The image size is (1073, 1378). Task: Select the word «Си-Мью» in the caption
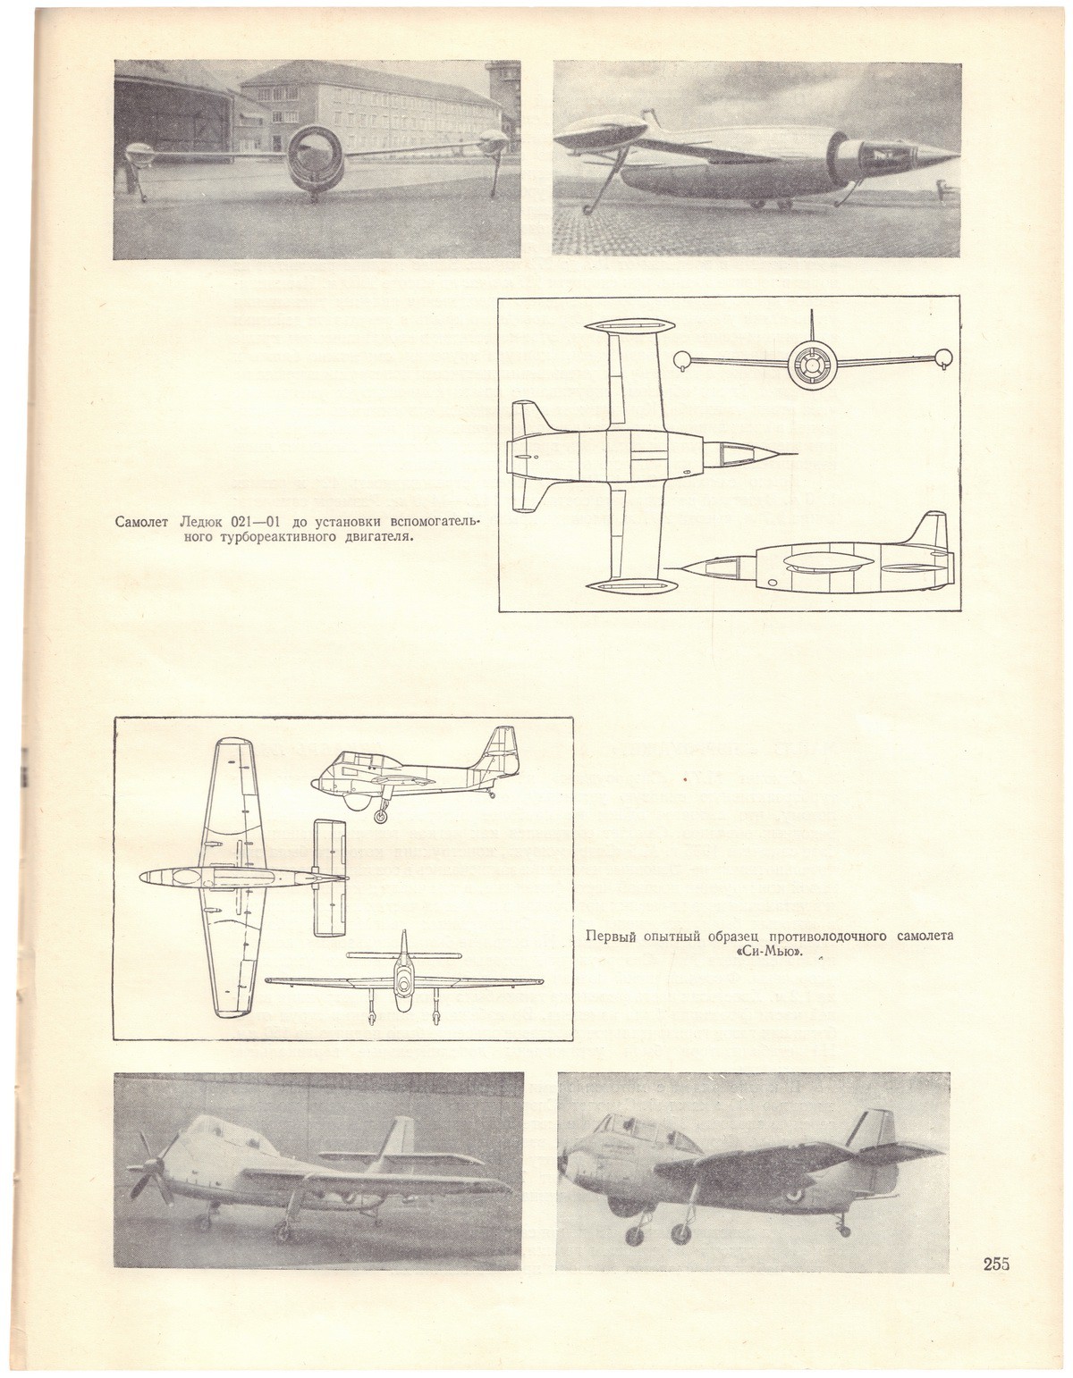tap(769, 952)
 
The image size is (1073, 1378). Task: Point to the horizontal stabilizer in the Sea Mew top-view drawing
tap(330, 878)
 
